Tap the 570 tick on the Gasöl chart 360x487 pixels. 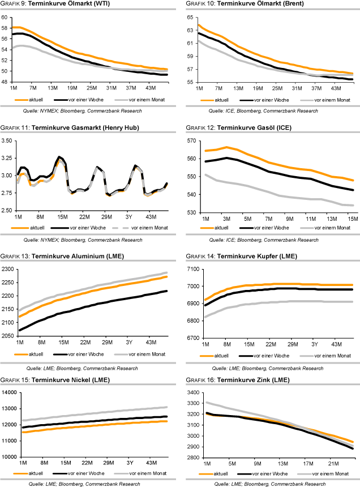(190, 140)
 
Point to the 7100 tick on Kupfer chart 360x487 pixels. (188, 269)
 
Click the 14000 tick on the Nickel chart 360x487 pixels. (9, 393)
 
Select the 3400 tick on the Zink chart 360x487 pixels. (188, 392)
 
